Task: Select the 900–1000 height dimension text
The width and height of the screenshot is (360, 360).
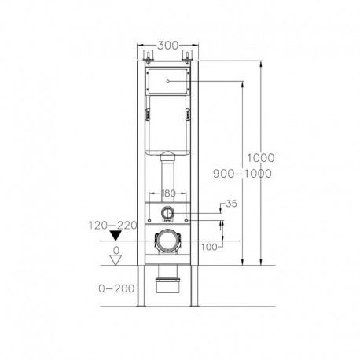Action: point(248,173)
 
